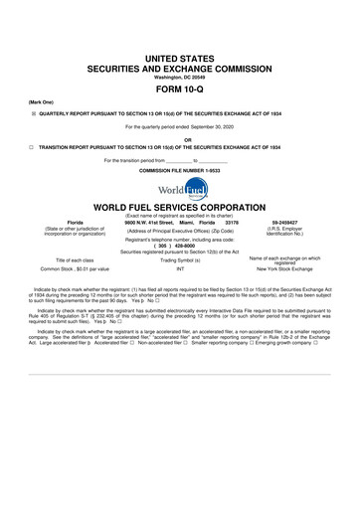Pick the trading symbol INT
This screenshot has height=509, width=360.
tap(180, 269)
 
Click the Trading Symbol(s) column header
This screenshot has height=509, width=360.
tap(180, 259)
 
